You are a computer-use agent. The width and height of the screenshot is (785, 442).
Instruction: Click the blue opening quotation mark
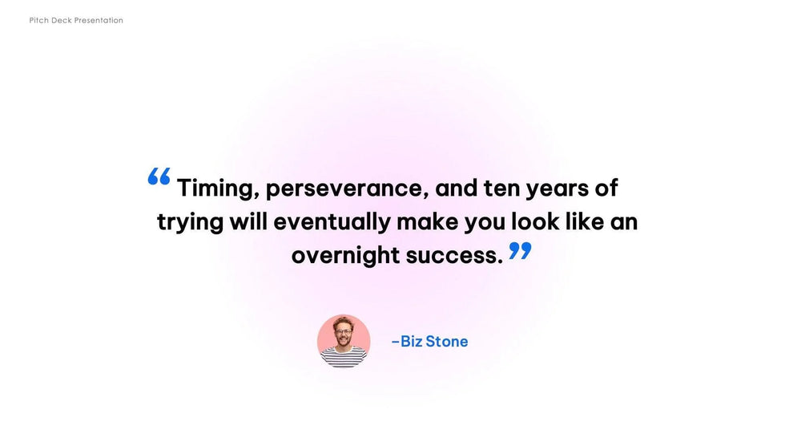(159, 176)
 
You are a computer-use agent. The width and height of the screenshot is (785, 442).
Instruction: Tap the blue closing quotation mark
(520, 250)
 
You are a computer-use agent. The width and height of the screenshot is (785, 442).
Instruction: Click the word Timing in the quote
(218, 189)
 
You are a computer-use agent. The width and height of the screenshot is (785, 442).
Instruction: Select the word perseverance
(347, 189)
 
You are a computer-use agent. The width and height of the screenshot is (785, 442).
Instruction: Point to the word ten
(501, 189)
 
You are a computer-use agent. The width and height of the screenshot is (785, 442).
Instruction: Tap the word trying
(191, 222)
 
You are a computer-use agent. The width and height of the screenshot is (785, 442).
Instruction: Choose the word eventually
(332, 222)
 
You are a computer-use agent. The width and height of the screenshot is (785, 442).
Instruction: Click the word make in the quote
(428, 221)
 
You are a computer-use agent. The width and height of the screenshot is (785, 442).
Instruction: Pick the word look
(535, 221)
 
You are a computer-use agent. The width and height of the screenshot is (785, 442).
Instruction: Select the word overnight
(345, 256)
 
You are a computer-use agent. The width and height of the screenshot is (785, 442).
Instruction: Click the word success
(454, 256)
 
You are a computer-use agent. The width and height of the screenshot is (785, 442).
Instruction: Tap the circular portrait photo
(344, 341)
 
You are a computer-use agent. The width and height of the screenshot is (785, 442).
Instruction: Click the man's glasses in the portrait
(344, 332)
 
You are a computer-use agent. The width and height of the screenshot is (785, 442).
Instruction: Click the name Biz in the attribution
(412, 342)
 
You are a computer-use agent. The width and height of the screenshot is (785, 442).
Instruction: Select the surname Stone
(447, 342)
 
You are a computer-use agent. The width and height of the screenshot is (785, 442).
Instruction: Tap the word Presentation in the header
(99, 21)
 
